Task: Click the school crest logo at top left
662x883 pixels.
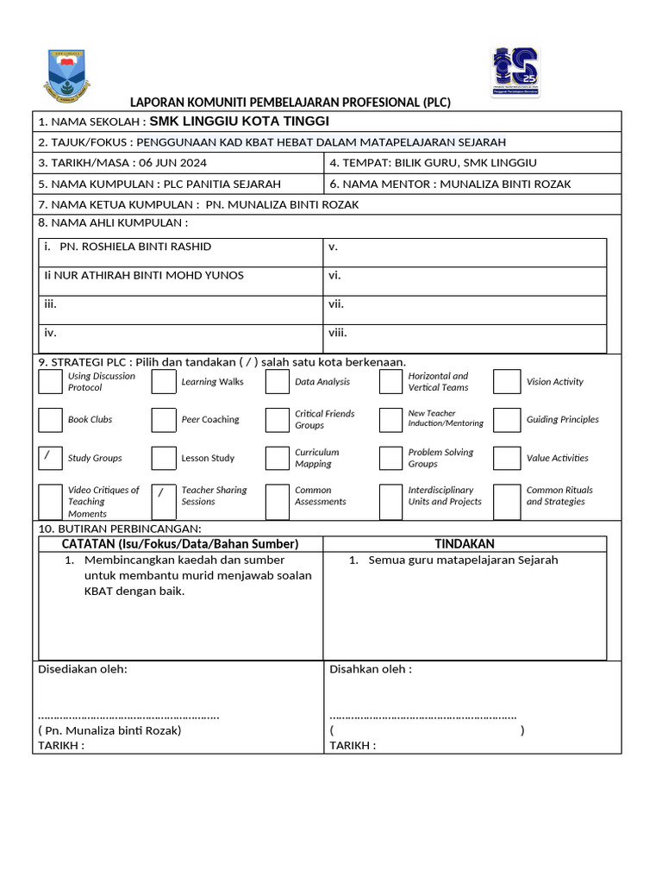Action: click(66, 76)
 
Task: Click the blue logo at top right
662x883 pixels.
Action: click(515, 72)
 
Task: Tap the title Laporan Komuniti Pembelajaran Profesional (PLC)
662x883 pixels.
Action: click(290, 103)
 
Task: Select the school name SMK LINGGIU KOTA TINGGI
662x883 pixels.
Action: click(239, 122)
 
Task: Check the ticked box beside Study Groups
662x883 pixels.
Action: click(51, 458)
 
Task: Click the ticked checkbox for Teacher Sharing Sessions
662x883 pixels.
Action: click(164, 495)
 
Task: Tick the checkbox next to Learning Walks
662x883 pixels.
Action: click(164, 382)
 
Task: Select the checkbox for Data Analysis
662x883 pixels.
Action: click(277, 382)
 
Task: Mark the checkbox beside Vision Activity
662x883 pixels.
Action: click(507, 382)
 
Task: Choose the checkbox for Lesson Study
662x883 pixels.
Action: click(164, 458)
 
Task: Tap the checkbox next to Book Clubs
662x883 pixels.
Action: click(51, 420)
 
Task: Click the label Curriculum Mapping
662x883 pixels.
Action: click(316, 458)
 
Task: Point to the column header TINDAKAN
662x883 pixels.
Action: click(464, 544)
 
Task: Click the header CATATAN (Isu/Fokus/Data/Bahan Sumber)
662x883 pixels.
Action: click(180, 544)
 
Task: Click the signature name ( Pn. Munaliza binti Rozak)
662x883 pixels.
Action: click(110, 730)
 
